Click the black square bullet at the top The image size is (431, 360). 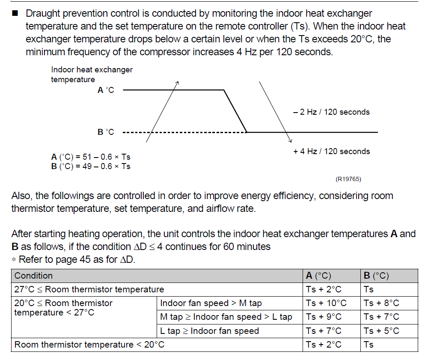[15, 14]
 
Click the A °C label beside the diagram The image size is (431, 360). [106, 90]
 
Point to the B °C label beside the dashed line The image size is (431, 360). [106, 132]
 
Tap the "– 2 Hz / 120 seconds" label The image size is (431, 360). [331, 112]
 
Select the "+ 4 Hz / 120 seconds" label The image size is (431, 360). [331, 151]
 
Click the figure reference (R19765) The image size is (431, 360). [348, 179]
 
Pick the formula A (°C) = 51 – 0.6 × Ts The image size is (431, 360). [91, 158]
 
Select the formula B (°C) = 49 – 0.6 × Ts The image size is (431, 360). [91, 166]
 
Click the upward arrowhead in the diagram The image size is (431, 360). [177, 82]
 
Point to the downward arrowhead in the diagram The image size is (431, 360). [291, 141]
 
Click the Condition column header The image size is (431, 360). [34, 276]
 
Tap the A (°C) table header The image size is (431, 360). [318, 276]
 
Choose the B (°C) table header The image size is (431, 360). [376, 276]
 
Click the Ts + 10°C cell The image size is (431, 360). [326, 303]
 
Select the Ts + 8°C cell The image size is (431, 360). [381, 303]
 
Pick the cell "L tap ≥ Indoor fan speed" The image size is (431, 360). [209, 330]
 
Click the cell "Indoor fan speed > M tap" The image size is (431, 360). [211, 303]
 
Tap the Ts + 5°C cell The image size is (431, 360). [381, 330]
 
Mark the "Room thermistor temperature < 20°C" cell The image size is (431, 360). [89, 345]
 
